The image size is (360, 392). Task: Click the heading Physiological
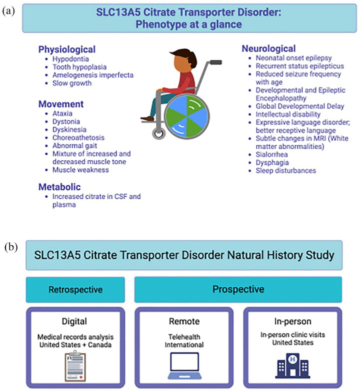(66, 50)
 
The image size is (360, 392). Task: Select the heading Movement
(60, 105)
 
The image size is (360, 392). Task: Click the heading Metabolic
(60, 186)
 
